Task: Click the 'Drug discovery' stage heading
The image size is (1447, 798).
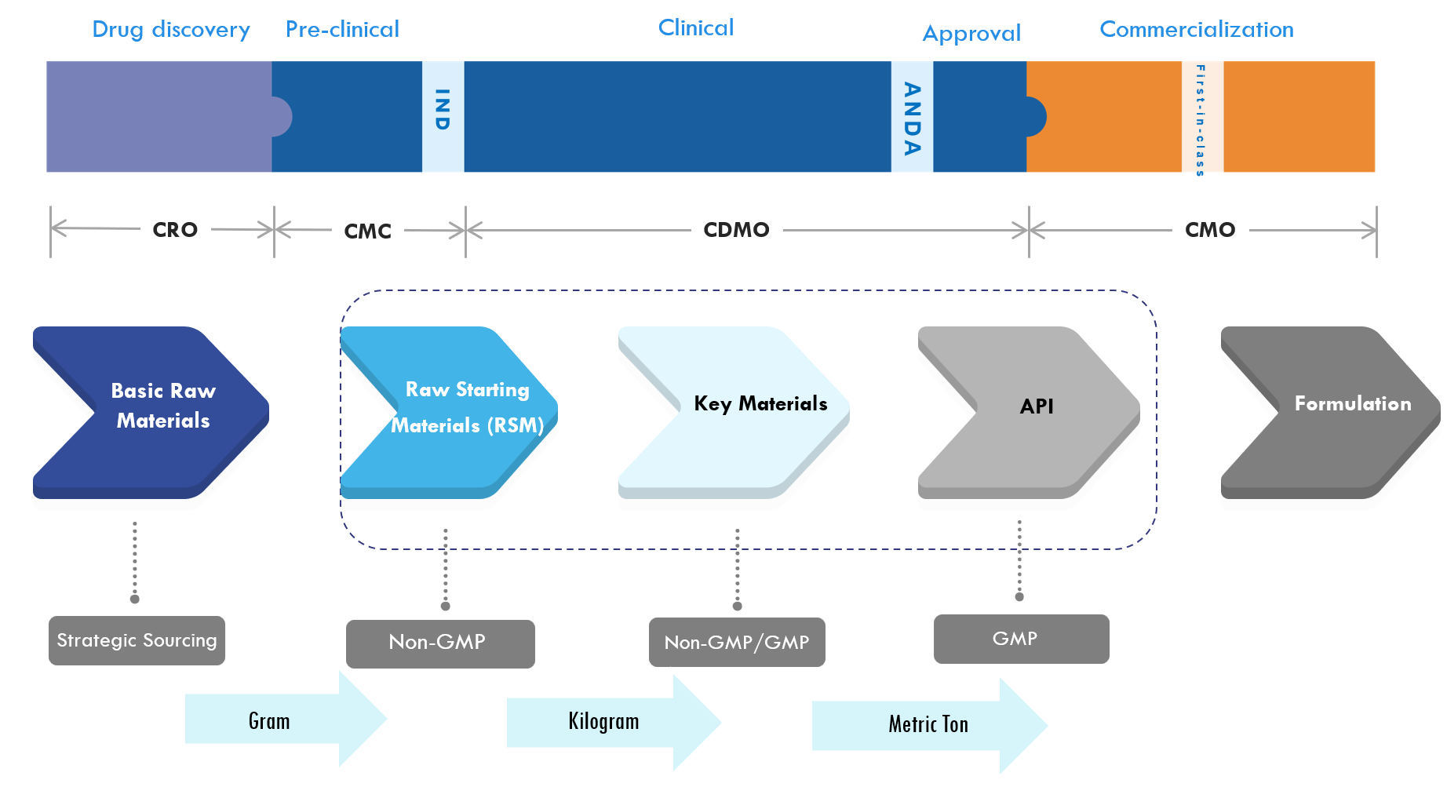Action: pyautogui.click(x=171, y=30)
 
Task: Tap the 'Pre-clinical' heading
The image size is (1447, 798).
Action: pyautogui.click(x=342, y=30)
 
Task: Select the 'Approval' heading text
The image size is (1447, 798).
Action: pyautogui.click(x=971, y=34)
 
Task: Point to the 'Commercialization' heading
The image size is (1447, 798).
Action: pyautogui.click(x=1197, y=30)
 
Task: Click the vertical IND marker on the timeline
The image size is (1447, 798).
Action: pyautogui.click(x=443, y=116)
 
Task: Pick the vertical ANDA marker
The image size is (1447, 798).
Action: pyautogui.click(x=912, y=116)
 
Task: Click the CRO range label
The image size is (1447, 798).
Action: pyautogui.click(x=175, y=230)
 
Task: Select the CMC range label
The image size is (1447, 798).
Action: pyautogui.click(x=367, y=231)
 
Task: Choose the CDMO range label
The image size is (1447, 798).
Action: pyautogui.click(x=736, y=230)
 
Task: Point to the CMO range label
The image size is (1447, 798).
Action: pyautogui.click(x=1210, y=230)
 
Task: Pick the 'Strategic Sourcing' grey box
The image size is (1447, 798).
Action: pyautogui.click(x=137, y=640)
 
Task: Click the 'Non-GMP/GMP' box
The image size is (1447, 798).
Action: pyautogui.click(x=737, y=643)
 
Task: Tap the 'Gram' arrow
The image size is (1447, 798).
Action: pyautogui.click(x=286, y=719)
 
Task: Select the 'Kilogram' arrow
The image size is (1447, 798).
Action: pyautogui.click(x=614, y=723)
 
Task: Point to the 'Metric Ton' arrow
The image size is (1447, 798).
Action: pyautogui.click(x=930, y=726)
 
